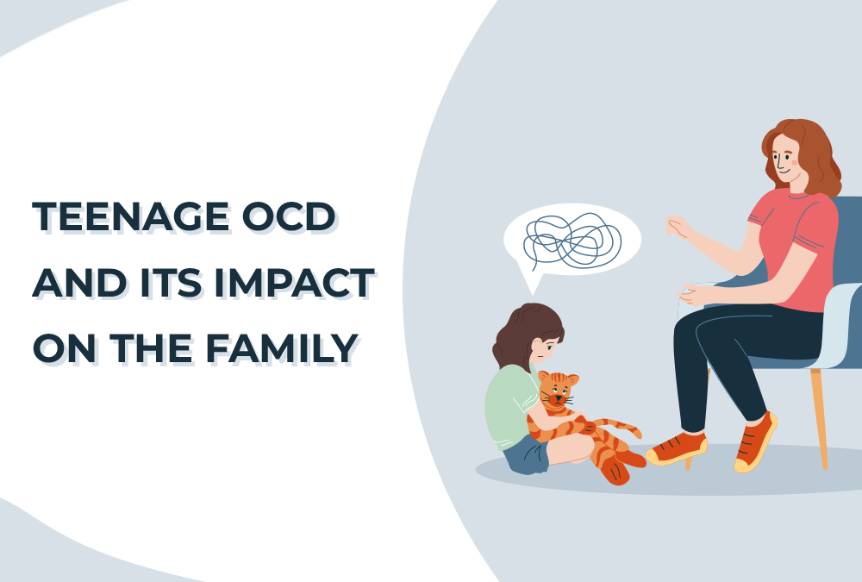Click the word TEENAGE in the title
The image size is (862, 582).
(131, 216)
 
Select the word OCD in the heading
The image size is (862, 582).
(288, 216)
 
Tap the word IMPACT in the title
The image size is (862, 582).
(294, 283)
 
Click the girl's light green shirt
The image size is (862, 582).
(509, 404)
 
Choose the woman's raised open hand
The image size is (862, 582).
(678, 227)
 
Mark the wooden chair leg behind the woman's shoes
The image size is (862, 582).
(820, 418)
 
